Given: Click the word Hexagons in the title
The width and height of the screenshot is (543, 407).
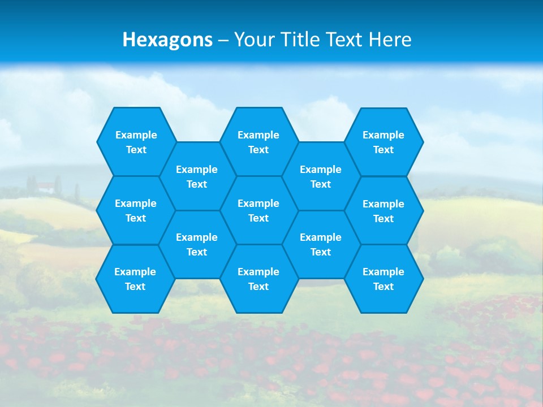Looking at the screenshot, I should tap(167, 40).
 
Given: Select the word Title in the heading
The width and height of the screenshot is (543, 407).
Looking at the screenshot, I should tap(296, 40).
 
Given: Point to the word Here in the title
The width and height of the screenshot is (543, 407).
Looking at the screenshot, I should tap(390, 40).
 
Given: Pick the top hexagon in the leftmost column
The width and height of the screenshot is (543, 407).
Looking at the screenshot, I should tap(136, 142).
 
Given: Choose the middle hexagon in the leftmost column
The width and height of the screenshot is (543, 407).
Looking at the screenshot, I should tap(136, 210).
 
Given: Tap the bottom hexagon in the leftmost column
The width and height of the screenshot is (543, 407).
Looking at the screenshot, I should tap(135, 279).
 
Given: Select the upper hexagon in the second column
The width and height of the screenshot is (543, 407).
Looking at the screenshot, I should tap(197, 176).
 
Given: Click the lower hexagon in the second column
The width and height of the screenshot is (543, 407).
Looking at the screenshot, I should tap(197, 244).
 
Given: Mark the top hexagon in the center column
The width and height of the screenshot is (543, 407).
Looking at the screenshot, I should tap(258, 142).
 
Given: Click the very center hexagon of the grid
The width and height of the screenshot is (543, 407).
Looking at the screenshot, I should tap(258, 210).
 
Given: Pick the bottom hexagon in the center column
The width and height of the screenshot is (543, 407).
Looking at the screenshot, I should tap(258, 279).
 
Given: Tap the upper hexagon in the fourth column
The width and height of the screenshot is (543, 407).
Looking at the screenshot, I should tap(321, 176).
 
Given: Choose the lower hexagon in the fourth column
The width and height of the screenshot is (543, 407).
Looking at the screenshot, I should tap(321, 244).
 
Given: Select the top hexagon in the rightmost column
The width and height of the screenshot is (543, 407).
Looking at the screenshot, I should tap(383, 142).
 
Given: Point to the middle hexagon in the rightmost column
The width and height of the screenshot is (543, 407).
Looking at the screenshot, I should tap(383, 211).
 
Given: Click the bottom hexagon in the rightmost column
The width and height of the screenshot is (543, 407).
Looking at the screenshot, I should tap(383, 279).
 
